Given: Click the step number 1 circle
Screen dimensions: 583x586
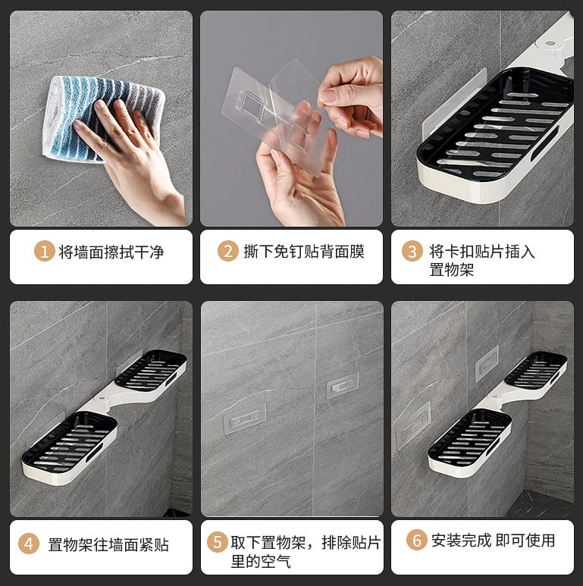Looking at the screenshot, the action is (45, 252).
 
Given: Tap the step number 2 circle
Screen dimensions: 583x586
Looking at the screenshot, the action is (228, 251).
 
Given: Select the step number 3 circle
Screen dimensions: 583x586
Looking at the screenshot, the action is (412, 251).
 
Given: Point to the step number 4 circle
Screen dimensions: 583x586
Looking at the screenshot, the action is (29, 544).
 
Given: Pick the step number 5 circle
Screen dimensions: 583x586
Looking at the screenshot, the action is (218, 541).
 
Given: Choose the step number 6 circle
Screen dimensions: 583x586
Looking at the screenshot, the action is (417, 540).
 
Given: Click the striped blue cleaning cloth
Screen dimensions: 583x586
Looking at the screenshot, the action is (103, 119).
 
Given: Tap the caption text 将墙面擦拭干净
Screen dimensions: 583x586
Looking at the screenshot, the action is (111, 252).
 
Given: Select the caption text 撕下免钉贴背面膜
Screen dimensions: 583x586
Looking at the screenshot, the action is (304, 251).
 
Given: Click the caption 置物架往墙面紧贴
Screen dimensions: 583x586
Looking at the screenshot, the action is (108, 544).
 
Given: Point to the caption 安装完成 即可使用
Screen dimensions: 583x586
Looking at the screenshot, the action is (493, 541).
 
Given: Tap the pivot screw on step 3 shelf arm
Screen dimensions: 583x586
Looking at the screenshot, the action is (550, 43).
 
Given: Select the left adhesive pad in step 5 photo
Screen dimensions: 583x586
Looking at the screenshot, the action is (245, 418).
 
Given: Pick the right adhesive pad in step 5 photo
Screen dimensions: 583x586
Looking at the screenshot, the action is (343, 384).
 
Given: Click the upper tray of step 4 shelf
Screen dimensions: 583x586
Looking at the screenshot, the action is (151, 370).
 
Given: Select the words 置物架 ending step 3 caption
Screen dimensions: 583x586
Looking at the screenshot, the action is (451, 269).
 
